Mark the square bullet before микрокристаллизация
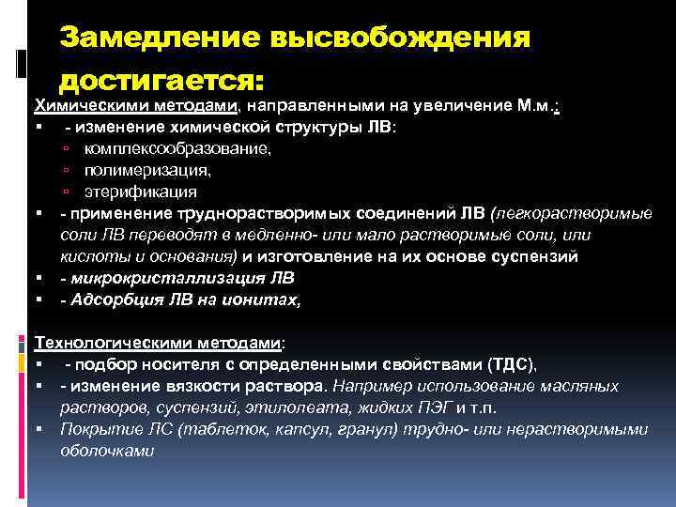pos(40,279)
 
